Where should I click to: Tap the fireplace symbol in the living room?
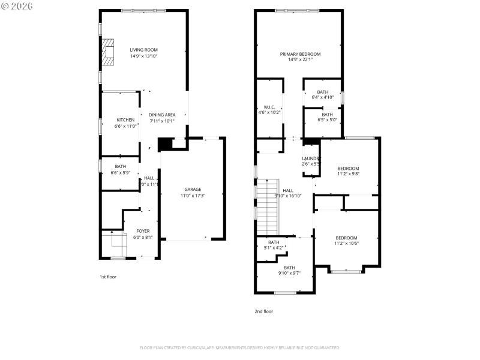pos(107,52)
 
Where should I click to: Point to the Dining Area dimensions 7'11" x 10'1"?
pos(162,121)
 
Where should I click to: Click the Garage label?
pos(193,189)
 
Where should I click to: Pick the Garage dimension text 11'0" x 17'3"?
pos(193,196)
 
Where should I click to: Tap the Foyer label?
pos(143,230)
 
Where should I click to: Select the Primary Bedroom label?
pos(300,54)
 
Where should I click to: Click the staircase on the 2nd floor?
pos(269,207)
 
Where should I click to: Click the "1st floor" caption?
pos(109,277)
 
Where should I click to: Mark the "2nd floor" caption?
pos(264,311)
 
